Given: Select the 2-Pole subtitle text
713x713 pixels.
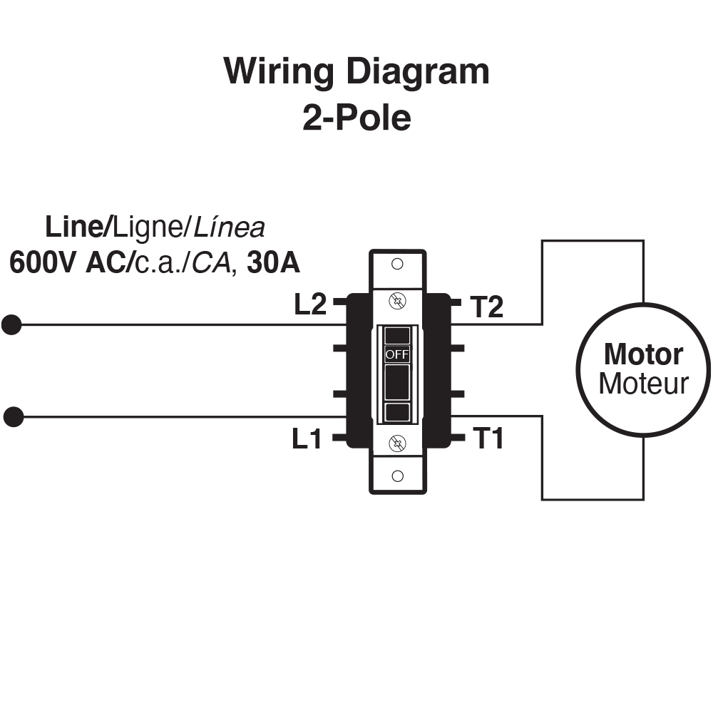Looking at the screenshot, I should tap(356, 118).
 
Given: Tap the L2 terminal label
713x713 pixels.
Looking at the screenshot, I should tap(310, 305).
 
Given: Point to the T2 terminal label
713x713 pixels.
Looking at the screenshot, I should tap(487, 307).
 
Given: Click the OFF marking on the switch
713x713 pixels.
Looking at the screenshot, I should tap(397, 354).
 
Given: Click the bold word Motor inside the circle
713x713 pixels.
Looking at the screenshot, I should tap(643, 354).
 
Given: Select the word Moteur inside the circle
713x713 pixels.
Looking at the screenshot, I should tap(643, 384).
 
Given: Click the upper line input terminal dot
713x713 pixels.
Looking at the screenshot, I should tap(11, 325).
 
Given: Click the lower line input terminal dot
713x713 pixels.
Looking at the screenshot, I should tap(13, 417).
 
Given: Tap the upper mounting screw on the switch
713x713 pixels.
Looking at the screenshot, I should tap(398, 302).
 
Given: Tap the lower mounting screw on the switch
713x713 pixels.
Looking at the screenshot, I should tap(398, 444).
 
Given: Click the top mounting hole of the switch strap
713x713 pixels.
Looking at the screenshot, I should tap(398, 264).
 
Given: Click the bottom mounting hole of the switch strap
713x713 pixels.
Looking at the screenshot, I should tap(398, 476).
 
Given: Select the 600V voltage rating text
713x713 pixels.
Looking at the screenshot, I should tap(43, 263).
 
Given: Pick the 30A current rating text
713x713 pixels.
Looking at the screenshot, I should tap(273, 263).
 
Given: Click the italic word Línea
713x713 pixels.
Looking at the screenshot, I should tap(230, 227).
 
